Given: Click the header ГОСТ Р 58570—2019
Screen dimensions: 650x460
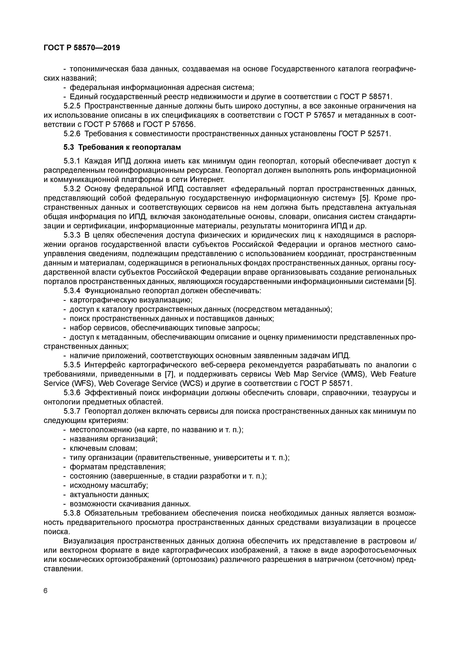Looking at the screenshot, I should (x=82, y=48).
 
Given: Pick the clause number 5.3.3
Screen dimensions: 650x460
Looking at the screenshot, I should (x=72, y=235).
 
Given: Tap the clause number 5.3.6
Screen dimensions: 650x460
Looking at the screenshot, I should (x=72, y=393).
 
